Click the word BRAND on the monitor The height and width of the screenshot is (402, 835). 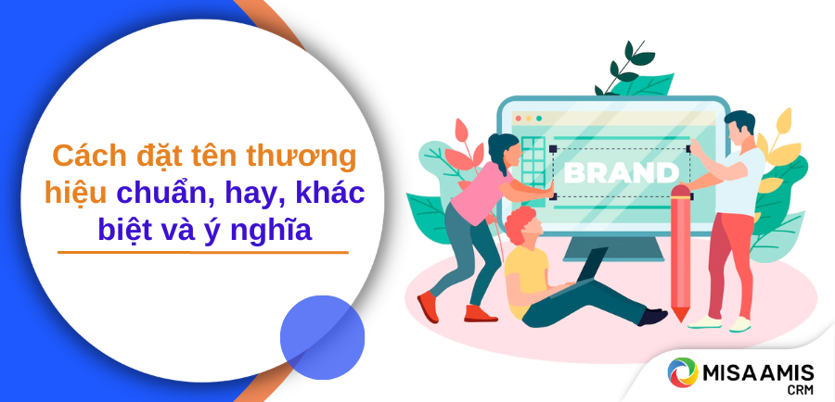pyautogui.click(x=621, y=173)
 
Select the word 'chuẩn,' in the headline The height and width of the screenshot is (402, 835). pyautogui.click(x=166, y=195)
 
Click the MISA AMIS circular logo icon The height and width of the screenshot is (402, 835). pyautogui.click(x=683, y=372)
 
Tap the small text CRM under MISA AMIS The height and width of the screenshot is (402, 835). pyautogui.click(x=802, y=391)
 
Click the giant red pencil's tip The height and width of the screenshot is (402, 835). pyautogui.click(x=679, y=318)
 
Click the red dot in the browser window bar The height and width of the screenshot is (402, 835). pyautogui.click(x=518, y=118)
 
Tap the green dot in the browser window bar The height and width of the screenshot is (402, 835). pyautogui.click(x=539, y=118)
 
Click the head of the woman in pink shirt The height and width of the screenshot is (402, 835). pyautogui.click(x=503, y=149)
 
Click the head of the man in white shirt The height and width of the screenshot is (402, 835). pyautogui.click(x=739, y=129)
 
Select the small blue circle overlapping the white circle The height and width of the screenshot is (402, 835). pyautogui.click(x=322, y=337)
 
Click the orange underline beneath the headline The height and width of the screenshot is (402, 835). pyautogui.click(x=203, y=252)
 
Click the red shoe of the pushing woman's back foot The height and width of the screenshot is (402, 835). pyautogui.click(x=428, y=307)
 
